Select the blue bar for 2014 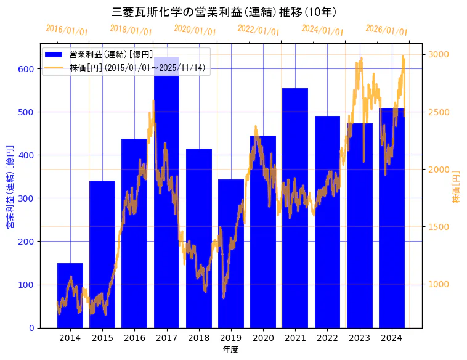tap(70, 296)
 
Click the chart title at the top tap(224, 12)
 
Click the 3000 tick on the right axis tap(439, 55)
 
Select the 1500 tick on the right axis tap(439, 227)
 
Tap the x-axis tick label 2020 tap(263, 338)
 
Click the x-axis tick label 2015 tap(102, 338)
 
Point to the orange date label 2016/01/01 tap(67, 30)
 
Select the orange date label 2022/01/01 tap(258, 30)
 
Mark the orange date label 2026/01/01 tap(386, 30)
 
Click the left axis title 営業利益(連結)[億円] tap(10, 187)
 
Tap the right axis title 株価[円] tap(457, 187)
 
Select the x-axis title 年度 tap(230, 350)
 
